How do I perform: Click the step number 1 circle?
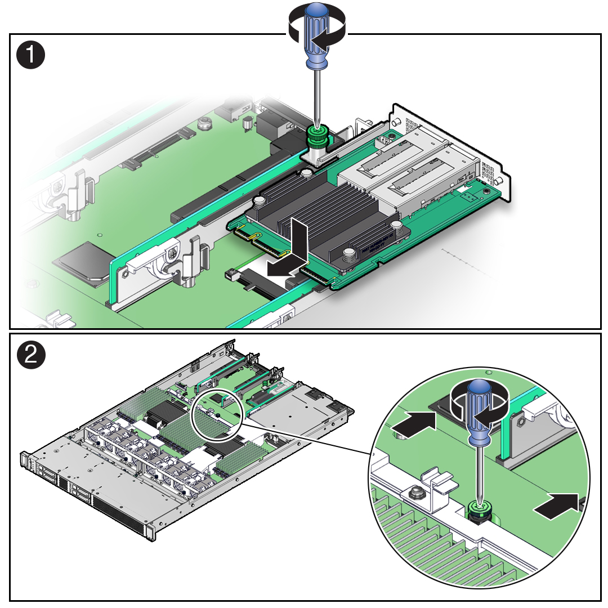[x=30, y=56]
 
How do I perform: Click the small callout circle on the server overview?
[x=217, y=413]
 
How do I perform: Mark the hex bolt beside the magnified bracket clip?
[x=415, y=493]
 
